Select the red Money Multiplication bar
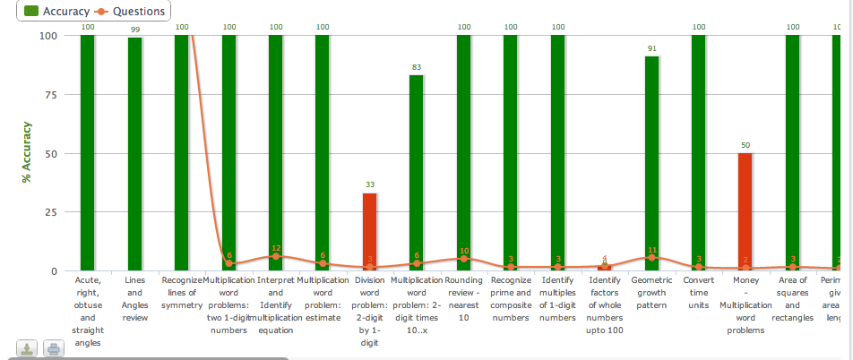point(745,211)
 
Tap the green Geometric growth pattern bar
point(651,161)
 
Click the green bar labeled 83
point(416,170)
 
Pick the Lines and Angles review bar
point(134,152)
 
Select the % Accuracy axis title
point(27,153)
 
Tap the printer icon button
point(53,349)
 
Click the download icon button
point(27,349)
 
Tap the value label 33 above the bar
point(369,184)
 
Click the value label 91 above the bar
point(651,48)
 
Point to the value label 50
point(745,145)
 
